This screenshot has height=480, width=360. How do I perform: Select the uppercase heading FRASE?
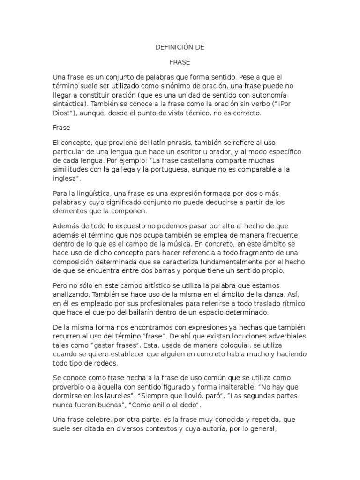click(180, 62)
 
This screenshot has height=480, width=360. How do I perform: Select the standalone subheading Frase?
click(61, 127)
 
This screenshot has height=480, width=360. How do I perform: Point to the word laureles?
click(110, 396)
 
